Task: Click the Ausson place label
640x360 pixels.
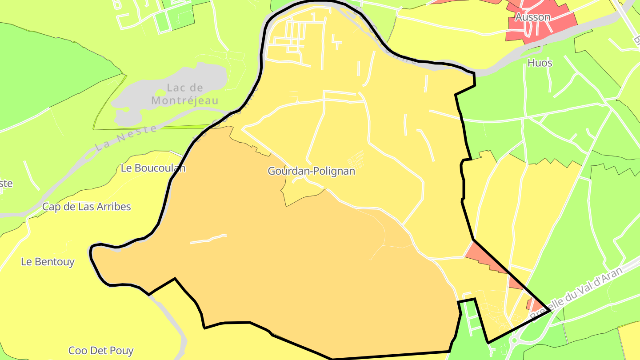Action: click(x=532, y=17)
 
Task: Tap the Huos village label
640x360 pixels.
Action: click(x=540, y=63)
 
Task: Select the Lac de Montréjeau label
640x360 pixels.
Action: click(x=185, y=94)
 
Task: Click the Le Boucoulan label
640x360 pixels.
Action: click(x=153, y=168)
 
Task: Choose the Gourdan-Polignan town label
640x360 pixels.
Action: click(x=312, y=171)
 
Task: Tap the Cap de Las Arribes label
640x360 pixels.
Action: click(x=87, y=207)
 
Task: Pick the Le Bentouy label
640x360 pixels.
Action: click(x=48, y=262)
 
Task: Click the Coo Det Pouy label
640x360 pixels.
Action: click(x=101, y=351)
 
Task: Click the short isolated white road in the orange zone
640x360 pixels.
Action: click(x=208, y=239)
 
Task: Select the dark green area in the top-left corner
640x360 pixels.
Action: click(x=44, y=67)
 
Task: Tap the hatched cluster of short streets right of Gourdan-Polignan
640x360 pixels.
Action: click(x=356, y=158)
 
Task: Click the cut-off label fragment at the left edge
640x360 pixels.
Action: click(x=6, y=184)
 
